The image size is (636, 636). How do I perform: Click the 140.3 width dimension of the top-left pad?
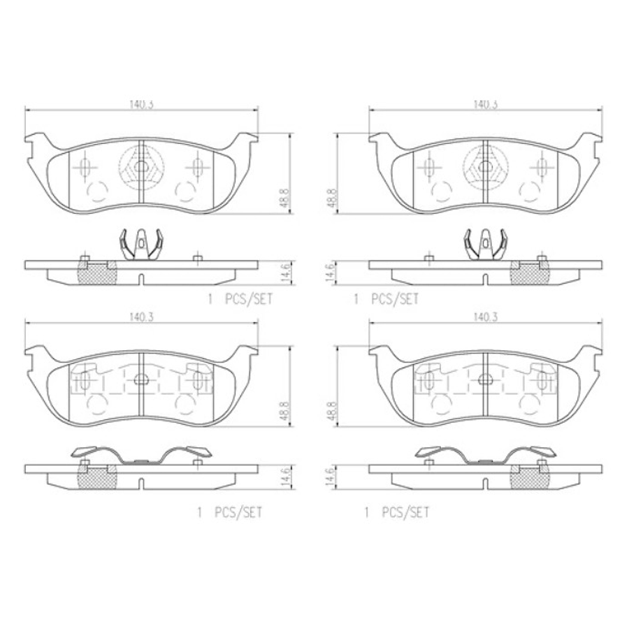(x=142, y=104)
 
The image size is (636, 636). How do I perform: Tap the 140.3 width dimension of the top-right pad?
(x=485, y=104)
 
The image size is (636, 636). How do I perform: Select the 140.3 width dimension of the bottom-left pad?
(x=142, y=317)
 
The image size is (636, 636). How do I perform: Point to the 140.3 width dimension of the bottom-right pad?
(x=485, y=317)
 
